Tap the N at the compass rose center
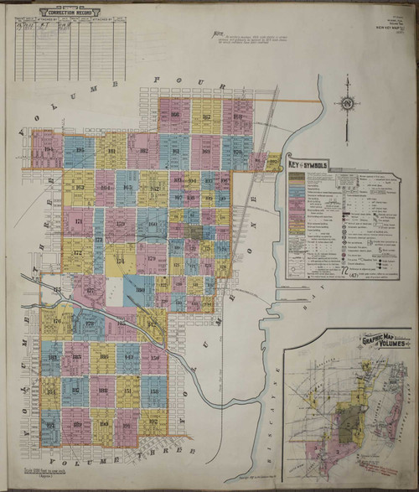[346, 104]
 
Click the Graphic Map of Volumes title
[383, 343]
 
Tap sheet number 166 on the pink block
[175, 116]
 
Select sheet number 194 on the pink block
[48, 150]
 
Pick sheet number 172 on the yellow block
[78, 251]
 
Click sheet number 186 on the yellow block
[104, 358]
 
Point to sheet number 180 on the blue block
[140, 290]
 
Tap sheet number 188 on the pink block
[101, 391]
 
